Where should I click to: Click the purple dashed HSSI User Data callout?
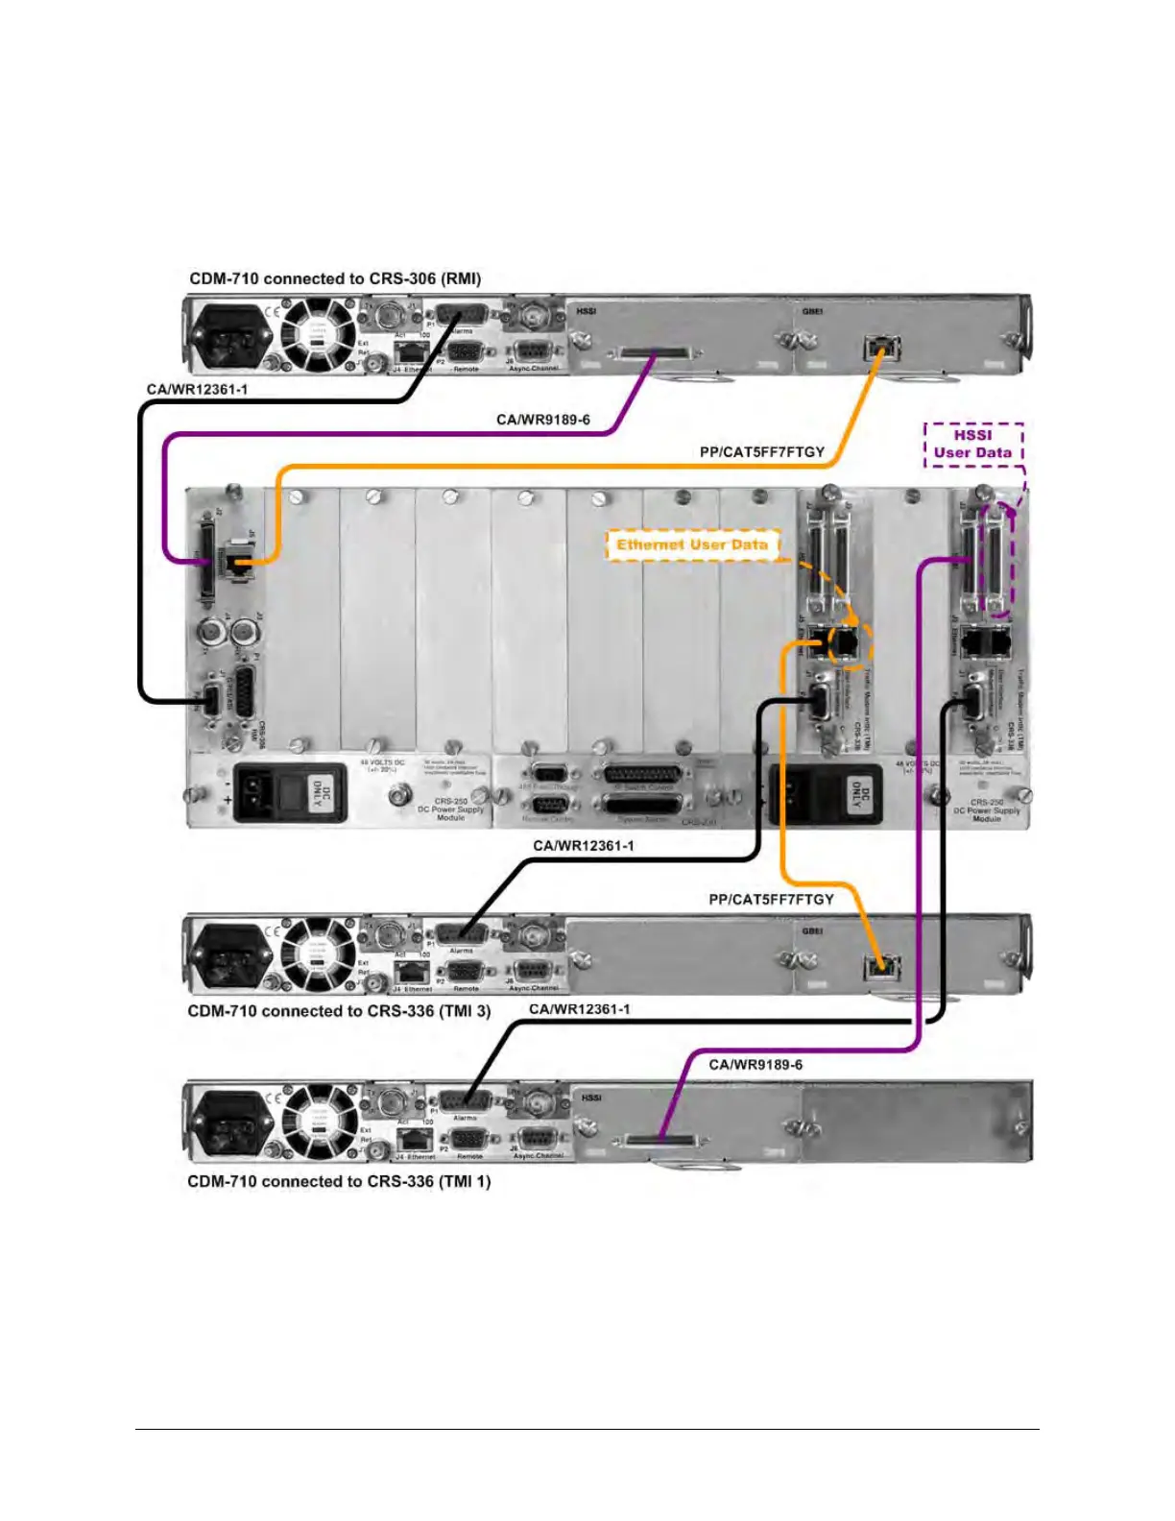[972, 445]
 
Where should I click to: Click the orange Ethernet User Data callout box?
[691, 544]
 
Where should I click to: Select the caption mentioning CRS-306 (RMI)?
[335, 278]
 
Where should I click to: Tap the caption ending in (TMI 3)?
[339, 1011]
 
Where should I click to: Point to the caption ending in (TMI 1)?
[339, 1181]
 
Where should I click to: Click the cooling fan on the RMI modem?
[316, 334]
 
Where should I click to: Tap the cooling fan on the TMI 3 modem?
[316, 954]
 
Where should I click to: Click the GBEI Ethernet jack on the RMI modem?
[875, 348]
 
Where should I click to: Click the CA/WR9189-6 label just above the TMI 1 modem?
[755, 1064]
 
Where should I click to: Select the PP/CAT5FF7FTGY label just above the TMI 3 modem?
[771, 899]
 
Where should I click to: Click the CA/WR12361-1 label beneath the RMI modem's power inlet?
[197, 389]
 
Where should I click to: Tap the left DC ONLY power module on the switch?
[291, 792]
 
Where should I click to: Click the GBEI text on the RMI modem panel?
[812, 311]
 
